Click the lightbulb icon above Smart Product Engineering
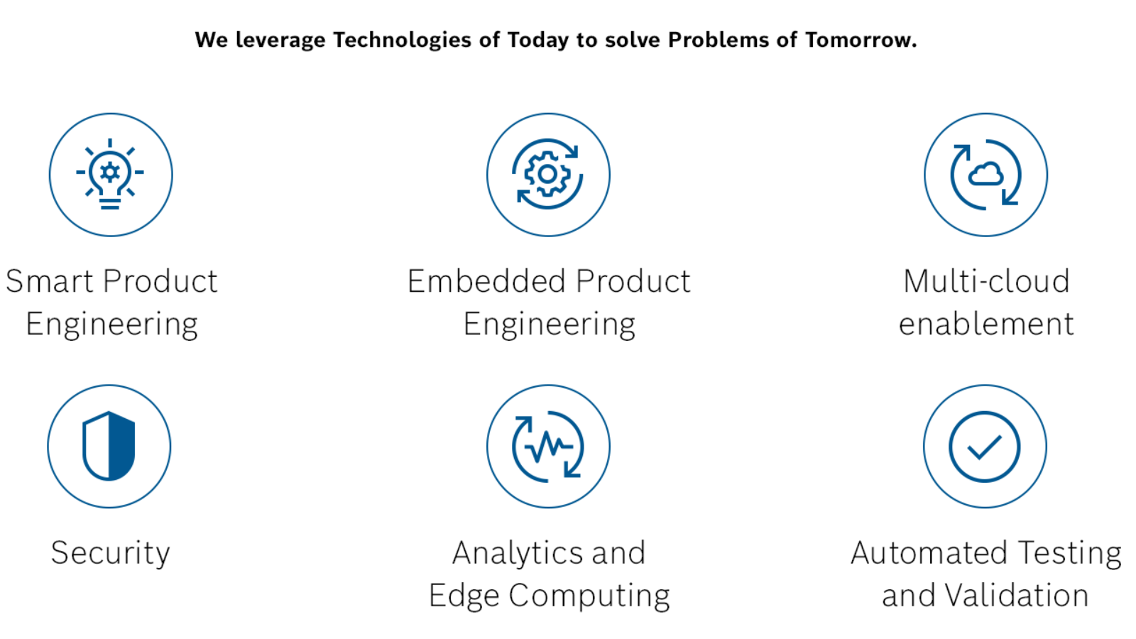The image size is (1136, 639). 110,174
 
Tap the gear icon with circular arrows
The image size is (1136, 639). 547,174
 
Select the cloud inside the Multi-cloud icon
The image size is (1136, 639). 985,174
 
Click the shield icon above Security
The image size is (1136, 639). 109,447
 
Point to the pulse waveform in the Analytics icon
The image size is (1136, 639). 548,447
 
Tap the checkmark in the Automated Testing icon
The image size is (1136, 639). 984,447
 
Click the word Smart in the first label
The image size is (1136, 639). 50,281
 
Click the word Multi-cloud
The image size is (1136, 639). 986,281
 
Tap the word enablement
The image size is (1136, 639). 986,324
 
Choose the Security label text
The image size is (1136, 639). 110,553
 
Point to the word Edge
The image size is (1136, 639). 464,596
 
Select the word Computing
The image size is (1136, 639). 589,596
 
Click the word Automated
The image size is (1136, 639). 930,553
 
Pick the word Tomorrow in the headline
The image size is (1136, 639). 861,40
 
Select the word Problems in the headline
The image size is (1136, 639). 718,40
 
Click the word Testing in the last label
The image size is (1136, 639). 1069,553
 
